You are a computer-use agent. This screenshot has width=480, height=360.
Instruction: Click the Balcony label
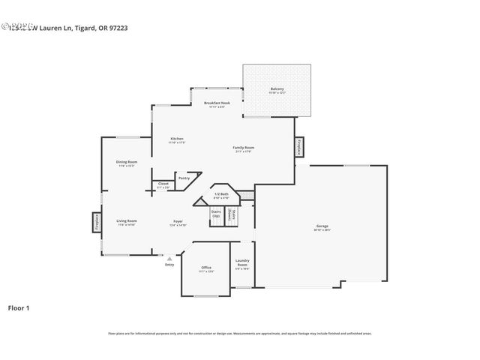277,90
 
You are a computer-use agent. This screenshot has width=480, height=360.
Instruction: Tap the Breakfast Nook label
217,103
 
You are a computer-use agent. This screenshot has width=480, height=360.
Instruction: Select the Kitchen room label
176,140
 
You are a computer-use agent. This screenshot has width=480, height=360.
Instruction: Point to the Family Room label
243,148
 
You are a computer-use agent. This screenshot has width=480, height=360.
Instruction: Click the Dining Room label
126,163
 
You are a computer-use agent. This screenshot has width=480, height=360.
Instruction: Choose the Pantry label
184,178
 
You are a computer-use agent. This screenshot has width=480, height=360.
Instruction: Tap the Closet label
163,184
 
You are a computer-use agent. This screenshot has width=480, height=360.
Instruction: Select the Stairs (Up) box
216,214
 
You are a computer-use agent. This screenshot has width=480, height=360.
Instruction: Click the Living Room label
126,221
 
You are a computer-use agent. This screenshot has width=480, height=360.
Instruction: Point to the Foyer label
178,222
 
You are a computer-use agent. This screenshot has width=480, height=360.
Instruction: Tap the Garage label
322,227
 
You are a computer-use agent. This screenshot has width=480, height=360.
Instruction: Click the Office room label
205,268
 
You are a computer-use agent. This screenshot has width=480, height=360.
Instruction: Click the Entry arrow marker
169,259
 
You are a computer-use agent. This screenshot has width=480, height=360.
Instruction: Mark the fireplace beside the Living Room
96,222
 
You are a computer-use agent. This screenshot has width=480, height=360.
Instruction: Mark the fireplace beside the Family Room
299,146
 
